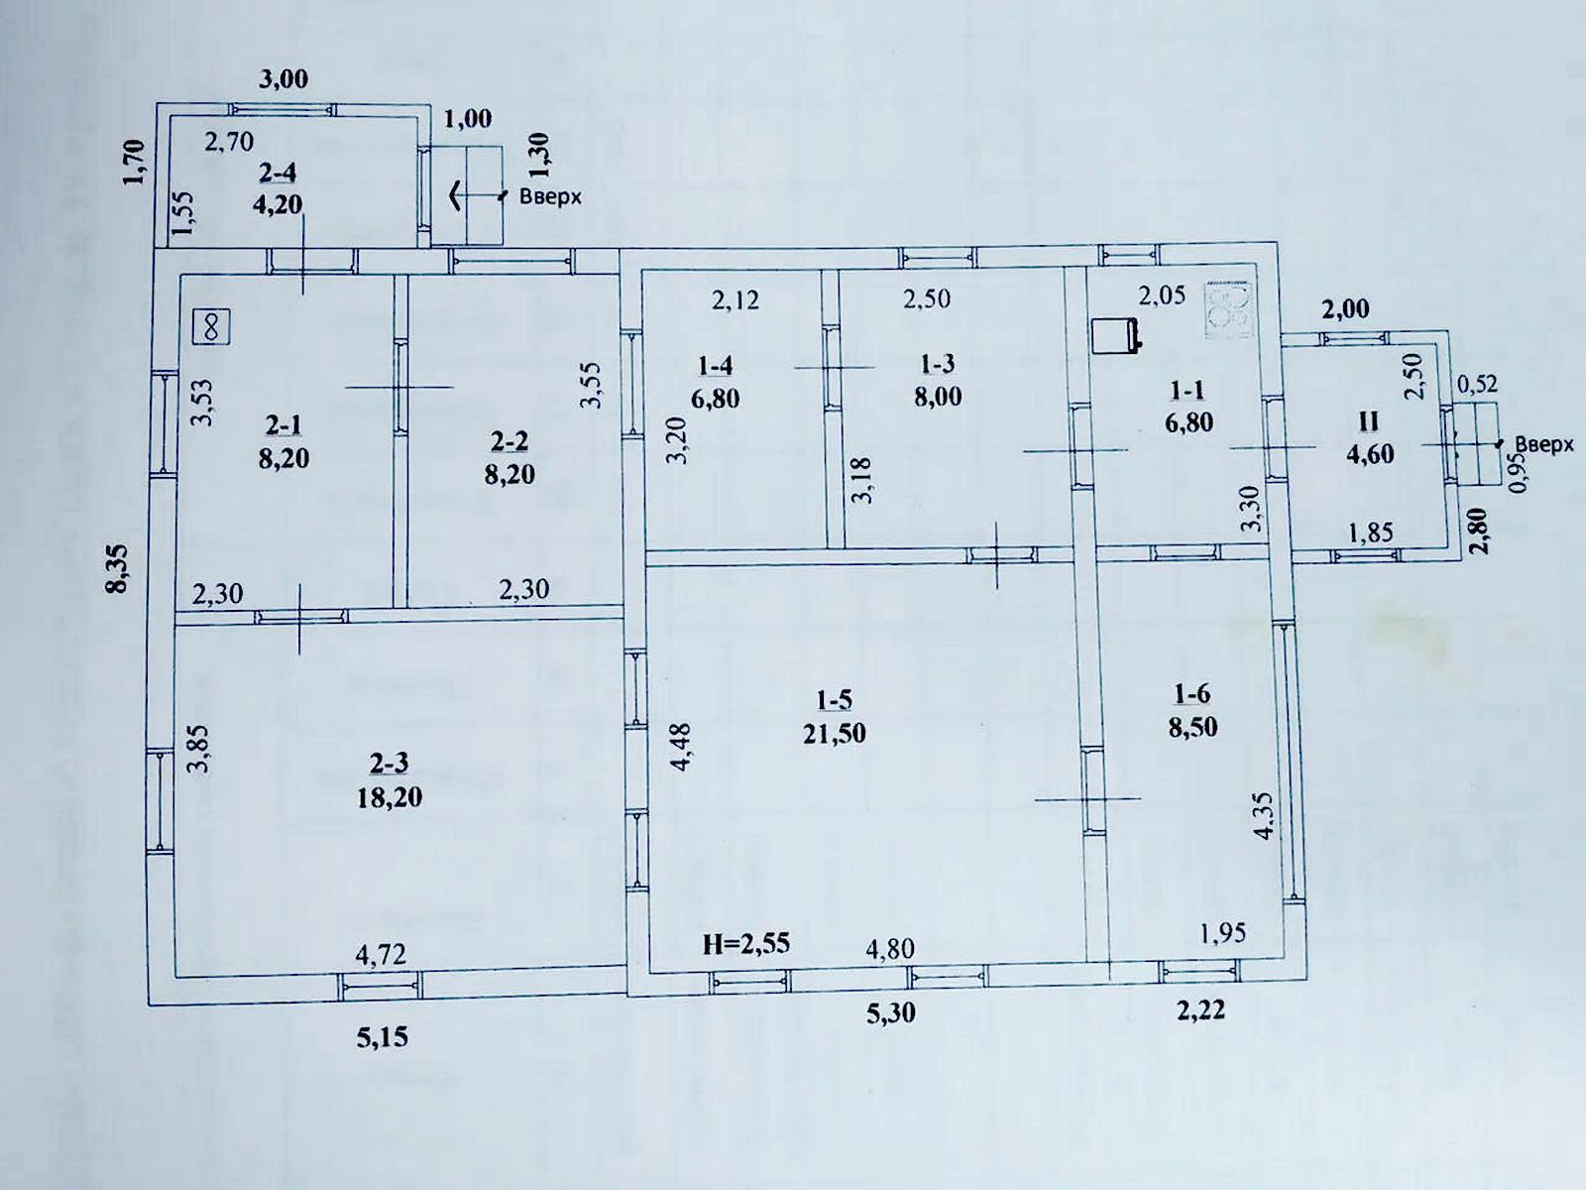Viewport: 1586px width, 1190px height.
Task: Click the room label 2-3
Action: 389,763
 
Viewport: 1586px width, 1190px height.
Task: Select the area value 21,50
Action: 834,734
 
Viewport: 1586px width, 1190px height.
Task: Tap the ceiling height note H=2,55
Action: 746,944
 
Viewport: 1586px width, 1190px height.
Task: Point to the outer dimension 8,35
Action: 117,568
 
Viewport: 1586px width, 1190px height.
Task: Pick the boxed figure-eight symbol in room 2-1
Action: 211,327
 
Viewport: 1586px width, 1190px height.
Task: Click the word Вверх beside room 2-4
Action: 550,195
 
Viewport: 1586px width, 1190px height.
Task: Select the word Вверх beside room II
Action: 1544,444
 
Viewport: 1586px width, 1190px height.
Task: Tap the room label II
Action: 1369,421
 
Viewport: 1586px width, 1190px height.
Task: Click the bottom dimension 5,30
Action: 890,1012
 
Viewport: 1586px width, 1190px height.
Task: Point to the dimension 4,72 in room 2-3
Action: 381,954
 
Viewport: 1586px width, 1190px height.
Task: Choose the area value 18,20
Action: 389,797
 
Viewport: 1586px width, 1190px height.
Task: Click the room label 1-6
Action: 1192,693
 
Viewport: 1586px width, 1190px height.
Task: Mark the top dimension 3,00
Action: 283,79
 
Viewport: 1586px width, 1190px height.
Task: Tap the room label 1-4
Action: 716,366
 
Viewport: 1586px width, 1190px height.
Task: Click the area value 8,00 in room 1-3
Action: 938,397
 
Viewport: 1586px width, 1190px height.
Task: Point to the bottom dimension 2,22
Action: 1200,1011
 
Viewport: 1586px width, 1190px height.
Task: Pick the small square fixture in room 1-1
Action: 1115,337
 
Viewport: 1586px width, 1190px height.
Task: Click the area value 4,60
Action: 1370,454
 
